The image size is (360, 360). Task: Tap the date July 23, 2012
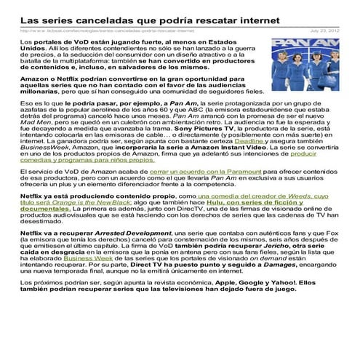point(324,31)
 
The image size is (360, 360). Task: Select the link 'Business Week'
point(85,278)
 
